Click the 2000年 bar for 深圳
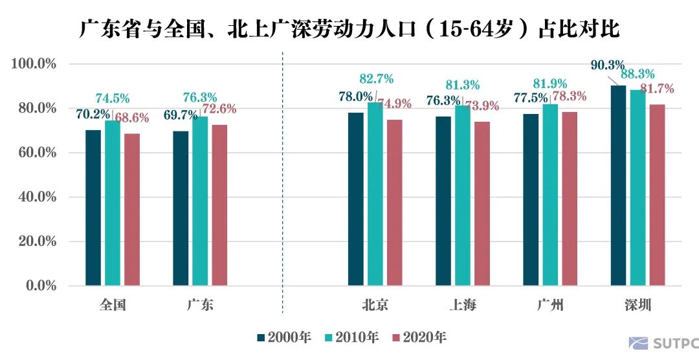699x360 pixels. click(618, 185)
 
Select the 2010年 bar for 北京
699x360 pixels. click(375, 194)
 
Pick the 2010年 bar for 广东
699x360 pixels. click(200, 201)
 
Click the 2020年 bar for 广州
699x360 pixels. click(569, 198)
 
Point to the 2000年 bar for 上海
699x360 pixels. click(443, 201)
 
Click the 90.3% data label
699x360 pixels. click(607, 65)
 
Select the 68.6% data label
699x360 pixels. click(132, 118)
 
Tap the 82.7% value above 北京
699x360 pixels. click(376, 80)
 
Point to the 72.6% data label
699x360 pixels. click(219, 109)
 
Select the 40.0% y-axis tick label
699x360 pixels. click(37, 197)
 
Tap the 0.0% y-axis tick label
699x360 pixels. click(39, 286)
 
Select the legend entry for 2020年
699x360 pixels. click(419, 337)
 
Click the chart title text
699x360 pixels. click(349, 29)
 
